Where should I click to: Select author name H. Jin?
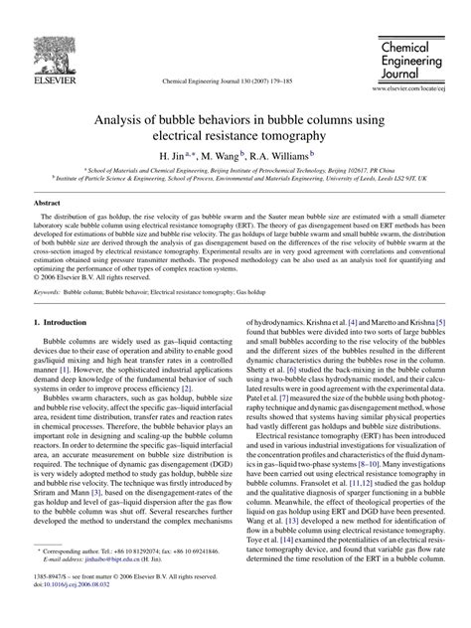[x=176, y=156]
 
